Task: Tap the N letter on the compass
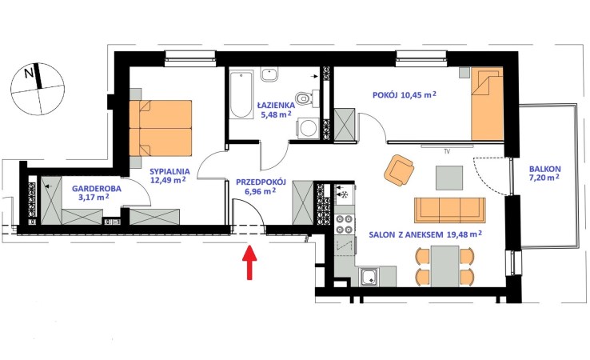tap(29, 73)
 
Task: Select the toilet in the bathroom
tap(304, 98)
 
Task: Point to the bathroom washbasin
tap(269, 74)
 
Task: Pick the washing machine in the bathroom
tap(308, 129)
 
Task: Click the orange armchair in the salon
tap(399, 170)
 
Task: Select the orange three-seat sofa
tap(449, 210)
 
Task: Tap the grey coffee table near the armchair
tap(449, 178)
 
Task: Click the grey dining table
tap(444, 266)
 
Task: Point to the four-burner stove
tap(345, 224)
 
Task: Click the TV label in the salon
tap(447, 152)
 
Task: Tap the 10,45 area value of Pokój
tap(412, 95)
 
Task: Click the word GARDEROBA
tap(97, 188)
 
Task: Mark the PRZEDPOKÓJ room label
tap(261, 182)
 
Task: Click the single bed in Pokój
tap(487, 103)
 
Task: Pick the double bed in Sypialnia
tap(161, 128)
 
